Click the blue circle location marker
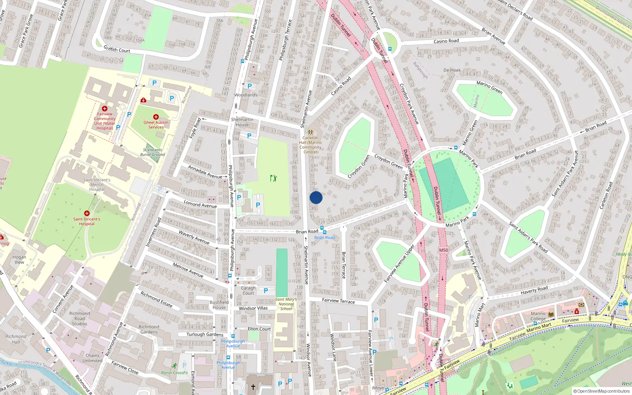316,197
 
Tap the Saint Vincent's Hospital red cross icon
87,213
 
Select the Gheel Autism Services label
156,125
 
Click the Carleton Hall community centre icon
310,132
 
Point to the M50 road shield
444,250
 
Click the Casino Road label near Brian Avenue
446,41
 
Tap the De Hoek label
452,70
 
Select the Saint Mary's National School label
286,304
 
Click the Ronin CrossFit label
175,372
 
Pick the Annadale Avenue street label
205,172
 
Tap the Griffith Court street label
117,49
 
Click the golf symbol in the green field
273,178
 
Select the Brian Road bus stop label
324,237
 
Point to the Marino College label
538,316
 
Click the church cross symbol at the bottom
253,387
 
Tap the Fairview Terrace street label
339,301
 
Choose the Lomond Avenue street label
200,204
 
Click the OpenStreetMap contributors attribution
602,391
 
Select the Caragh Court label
248,291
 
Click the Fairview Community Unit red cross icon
105,109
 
